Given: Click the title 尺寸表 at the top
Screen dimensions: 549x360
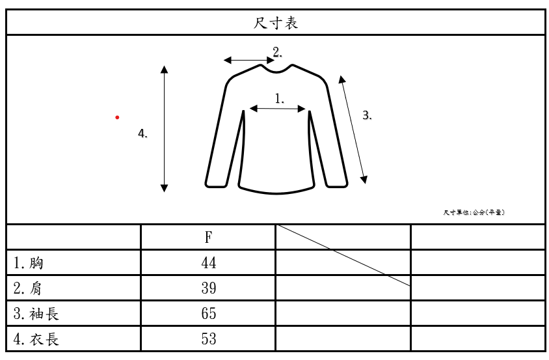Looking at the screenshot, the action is pos(275,23).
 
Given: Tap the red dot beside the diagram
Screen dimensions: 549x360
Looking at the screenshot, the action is pos(117,117).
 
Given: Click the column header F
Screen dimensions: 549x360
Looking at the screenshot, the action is pos(208,238).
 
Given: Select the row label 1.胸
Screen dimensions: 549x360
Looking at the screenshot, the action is pos(29,263).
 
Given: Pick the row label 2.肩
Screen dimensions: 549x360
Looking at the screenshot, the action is pos(29,288).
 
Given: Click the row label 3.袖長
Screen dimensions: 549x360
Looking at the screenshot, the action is pos(36,314).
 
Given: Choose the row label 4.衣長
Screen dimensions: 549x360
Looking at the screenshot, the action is pos(36,339).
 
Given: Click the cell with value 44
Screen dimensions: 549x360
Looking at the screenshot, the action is pos(208,263).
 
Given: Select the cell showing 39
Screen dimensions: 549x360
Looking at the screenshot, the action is pos(208,288).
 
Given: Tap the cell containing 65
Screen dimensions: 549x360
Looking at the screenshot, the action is pos(208,314).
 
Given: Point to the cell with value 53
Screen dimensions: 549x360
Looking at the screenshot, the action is pos(208,339).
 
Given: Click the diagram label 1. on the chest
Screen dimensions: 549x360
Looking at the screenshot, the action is pos(280,98).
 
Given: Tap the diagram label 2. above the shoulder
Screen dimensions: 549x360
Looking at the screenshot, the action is pos(277,51).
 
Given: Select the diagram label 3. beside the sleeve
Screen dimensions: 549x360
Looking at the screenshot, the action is pos(367,115).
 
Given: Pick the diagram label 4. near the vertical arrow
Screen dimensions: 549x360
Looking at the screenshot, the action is pos(142,133).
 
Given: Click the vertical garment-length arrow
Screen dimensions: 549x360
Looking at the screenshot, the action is pos(165,128).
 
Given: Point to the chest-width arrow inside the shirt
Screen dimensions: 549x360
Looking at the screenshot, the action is pos(278,109).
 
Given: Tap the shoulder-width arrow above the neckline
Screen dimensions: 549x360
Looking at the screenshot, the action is pos(249,61).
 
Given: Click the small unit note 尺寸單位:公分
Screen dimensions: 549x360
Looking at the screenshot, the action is pos(474,212).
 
